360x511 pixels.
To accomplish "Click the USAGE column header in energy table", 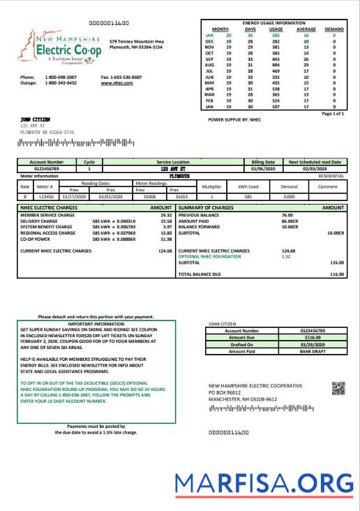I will click(x=278, y=29).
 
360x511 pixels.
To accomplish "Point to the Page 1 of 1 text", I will click(x=333, y=113).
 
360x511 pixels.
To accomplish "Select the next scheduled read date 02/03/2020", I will click(x=314, y=168).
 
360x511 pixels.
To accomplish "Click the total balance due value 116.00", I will click(x=337, y=274).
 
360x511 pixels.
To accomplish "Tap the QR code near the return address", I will click(x=338, y=388).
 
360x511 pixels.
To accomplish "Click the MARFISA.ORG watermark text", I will click(x=263, y=483).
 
